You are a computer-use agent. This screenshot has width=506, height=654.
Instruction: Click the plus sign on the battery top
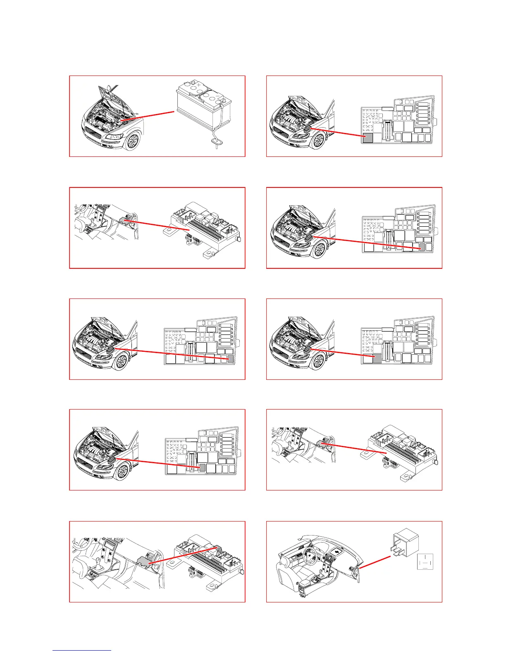[x=199, y=86]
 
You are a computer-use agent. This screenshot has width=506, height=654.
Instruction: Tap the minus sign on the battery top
[x=218, y=97]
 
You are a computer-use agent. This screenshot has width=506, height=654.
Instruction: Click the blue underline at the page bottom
[x=82, y=651]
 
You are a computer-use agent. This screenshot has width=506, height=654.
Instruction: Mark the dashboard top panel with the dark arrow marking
[x=337, y=551]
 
